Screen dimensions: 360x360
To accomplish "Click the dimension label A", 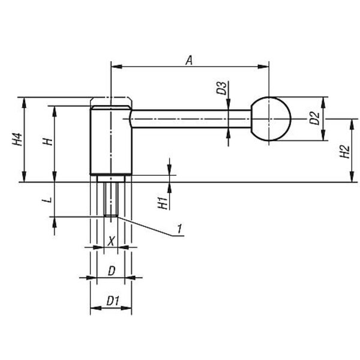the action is pyautogui.click(x=189, y=60).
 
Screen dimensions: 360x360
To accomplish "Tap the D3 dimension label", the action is pyautogui.click(x=222, y=88).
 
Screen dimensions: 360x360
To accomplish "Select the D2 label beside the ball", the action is pyautogui.click(x=314, y=118).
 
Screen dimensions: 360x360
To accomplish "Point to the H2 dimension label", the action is pyautogui.click(x=344, y=152).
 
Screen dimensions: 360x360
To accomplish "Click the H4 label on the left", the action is pyautogui.click(x=17, y=139).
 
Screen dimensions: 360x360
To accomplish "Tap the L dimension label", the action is pyautogui.click(x=47, y=200).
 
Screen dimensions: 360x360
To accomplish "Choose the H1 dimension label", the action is pyautogui.click(x=163, y=203).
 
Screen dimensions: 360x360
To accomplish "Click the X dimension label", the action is pyautogui.click(x=111, y=241).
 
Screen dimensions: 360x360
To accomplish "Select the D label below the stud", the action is pyautogui.click(x=112, y=271).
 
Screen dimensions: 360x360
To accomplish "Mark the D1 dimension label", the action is pyautogui.click(x=113, y=301).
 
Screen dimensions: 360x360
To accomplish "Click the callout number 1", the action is pyautogui.click(x=180, y=229).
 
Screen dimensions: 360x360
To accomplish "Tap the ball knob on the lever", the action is pyautogui.click(x=271, y=119).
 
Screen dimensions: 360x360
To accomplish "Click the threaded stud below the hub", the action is pyautogui.click(x=111, y=199).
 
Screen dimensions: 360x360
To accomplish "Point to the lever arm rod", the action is pyautogui.click(x=191, y=119).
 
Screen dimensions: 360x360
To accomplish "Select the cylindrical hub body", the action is pyautogui.click(x=111, y=140).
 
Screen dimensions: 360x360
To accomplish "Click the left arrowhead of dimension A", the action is pyautogui.click(x=116, y=67).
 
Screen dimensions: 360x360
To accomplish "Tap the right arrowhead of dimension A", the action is pyautogui.click(x=263, y=67).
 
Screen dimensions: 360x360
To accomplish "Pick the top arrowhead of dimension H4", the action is pyautogui.click(x=24, y=103).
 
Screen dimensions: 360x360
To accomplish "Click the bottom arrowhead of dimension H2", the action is pyautogui.click(x=352, y=176).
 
